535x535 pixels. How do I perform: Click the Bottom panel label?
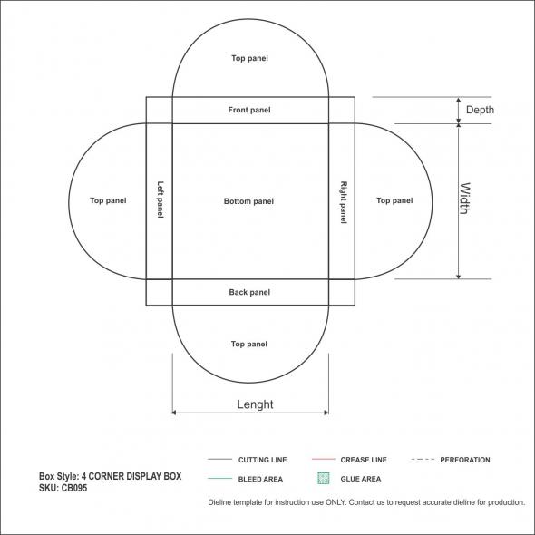click(x=248, y=201)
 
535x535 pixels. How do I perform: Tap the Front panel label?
click(x=249, y=110)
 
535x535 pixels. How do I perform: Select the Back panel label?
click(x=249, y=292)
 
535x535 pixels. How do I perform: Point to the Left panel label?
click(x=160, y=199)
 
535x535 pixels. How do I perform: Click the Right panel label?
click(x=344, y=202)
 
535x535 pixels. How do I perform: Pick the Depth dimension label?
click(x=480, y=110)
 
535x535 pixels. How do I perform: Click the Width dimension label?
click(x=465, y=199)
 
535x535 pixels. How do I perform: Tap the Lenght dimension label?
click(x=255, y=404)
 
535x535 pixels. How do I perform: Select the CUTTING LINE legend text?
click(x=262, y=460)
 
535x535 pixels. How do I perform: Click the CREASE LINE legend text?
click(x=364, y=460)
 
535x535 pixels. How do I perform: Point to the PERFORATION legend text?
click(x=465, y=460)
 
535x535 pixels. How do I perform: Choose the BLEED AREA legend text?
click(x=260, y=479)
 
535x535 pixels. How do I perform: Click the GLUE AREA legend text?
click(x=361, y=479)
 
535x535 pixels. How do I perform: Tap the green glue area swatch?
click(x=324, y=479)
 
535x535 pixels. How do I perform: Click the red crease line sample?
click(x=324, y=459)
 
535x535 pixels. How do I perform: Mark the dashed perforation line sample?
click(x=423, y=459)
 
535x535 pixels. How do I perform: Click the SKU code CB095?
click(x=74, y=488)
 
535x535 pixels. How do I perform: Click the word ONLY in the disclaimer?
click(x=336, y=502)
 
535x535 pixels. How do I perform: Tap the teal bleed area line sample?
click(x=219, y=479)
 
